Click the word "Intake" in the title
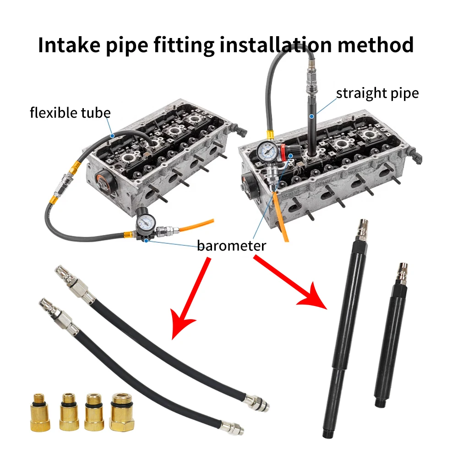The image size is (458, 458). coord(69,45)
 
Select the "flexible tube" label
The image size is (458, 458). coord(70,113)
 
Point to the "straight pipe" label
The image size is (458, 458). coord(377,93)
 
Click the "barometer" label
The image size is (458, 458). coord(232,245)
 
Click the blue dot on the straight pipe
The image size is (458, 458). coord(311,116)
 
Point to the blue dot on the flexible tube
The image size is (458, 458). coord(112,136)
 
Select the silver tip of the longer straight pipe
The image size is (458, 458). coord(362,229)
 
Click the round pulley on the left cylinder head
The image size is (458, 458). coord(106,182)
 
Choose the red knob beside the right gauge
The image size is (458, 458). coord(283,152)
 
